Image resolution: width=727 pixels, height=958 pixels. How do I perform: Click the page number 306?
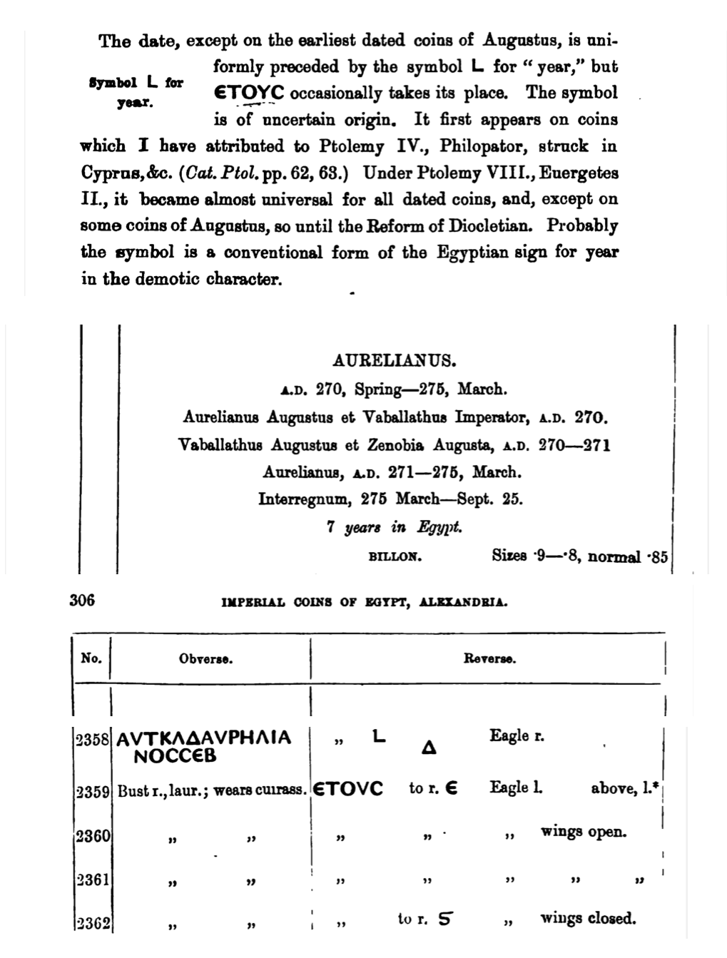pyautogui.click(x=82, y=600)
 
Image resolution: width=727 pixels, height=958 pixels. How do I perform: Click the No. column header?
pyautogui.click(x=91, y=658)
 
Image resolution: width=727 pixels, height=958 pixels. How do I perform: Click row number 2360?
pyautogui.click(x=92, y=834)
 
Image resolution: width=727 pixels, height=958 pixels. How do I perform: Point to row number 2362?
pyautogui.click(x=92, y=924)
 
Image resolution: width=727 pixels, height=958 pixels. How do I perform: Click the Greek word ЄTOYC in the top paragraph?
pyautogui.click(x=249, y=93)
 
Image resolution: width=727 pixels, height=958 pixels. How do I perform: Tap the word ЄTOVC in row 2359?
pyautogui.click(x=349, y=789)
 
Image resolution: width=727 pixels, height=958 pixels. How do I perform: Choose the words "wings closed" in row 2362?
pyautogui.click(x=588, y=918)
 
